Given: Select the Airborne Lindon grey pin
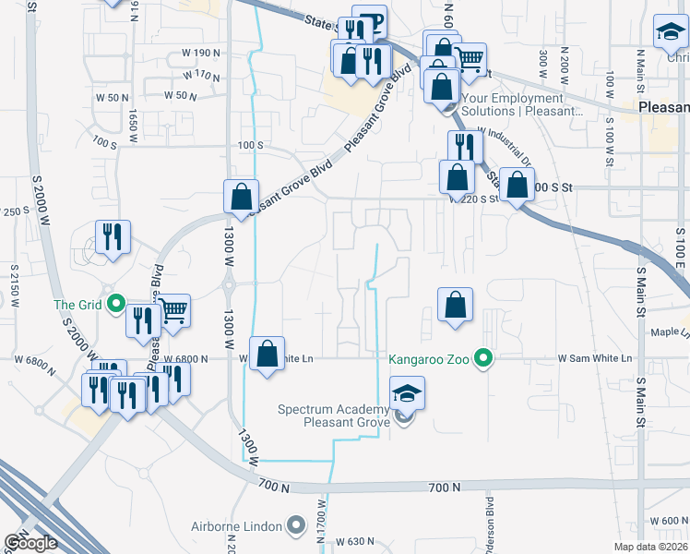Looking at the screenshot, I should pyautogui.click(x=296, y=526).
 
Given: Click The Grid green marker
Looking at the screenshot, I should pyautogui.click(x=116, y=303).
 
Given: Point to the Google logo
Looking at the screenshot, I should pyautogui.click(x=30, y=542).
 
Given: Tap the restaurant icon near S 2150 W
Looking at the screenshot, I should pyautogui.click(x=112, y=237).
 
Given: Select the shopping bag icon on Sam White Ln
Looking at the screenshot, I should pyautogui.click(x=267, y=354).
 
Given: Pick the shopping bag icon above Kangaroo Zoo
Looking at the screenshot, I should pyautogui.click(x=456, y=305).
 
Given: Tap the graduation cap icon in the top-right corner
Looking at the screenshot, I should pyautogui.click(x=670, y=33).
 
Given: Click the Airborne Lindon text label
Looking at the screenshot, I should pyautogui.click(x=236, y=526).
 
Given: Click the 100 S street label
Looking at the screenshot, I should pyautogui.click(x=251, y=146).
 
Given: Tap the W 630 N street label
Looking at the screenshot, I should pyautogui.click(x=357, y=541).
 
